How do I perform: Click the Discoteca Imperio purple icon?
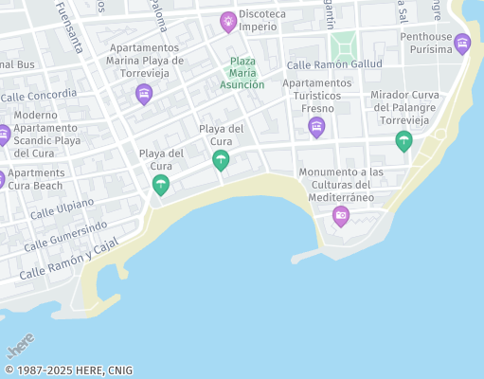click(227, 21)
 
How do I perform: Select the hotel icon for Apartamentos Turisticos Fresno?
click(316, 127)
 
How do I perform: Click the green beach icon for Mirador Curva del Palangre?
click(403, 141)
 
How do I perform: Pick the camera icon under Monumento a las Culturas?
click(341, 217)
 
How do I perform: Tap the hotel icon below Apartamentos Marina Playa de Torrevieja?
click(144, 93)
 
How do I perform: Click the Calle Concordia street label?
click(39, 95)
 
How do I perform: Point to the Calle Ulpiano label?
click(62, 209)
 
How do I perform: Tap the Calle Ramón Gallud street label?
click(334, 64)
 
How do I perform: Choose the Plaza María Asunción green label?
click(242, 73)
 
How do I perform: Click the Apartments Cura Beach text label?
click(37, 179)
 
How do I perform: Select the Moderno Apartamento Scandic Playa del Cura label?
click(46, 135)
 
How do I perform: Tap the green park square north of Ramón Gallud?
click(343, 44)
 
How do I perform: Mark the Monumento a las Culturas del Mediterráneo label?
click(341, 185)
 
